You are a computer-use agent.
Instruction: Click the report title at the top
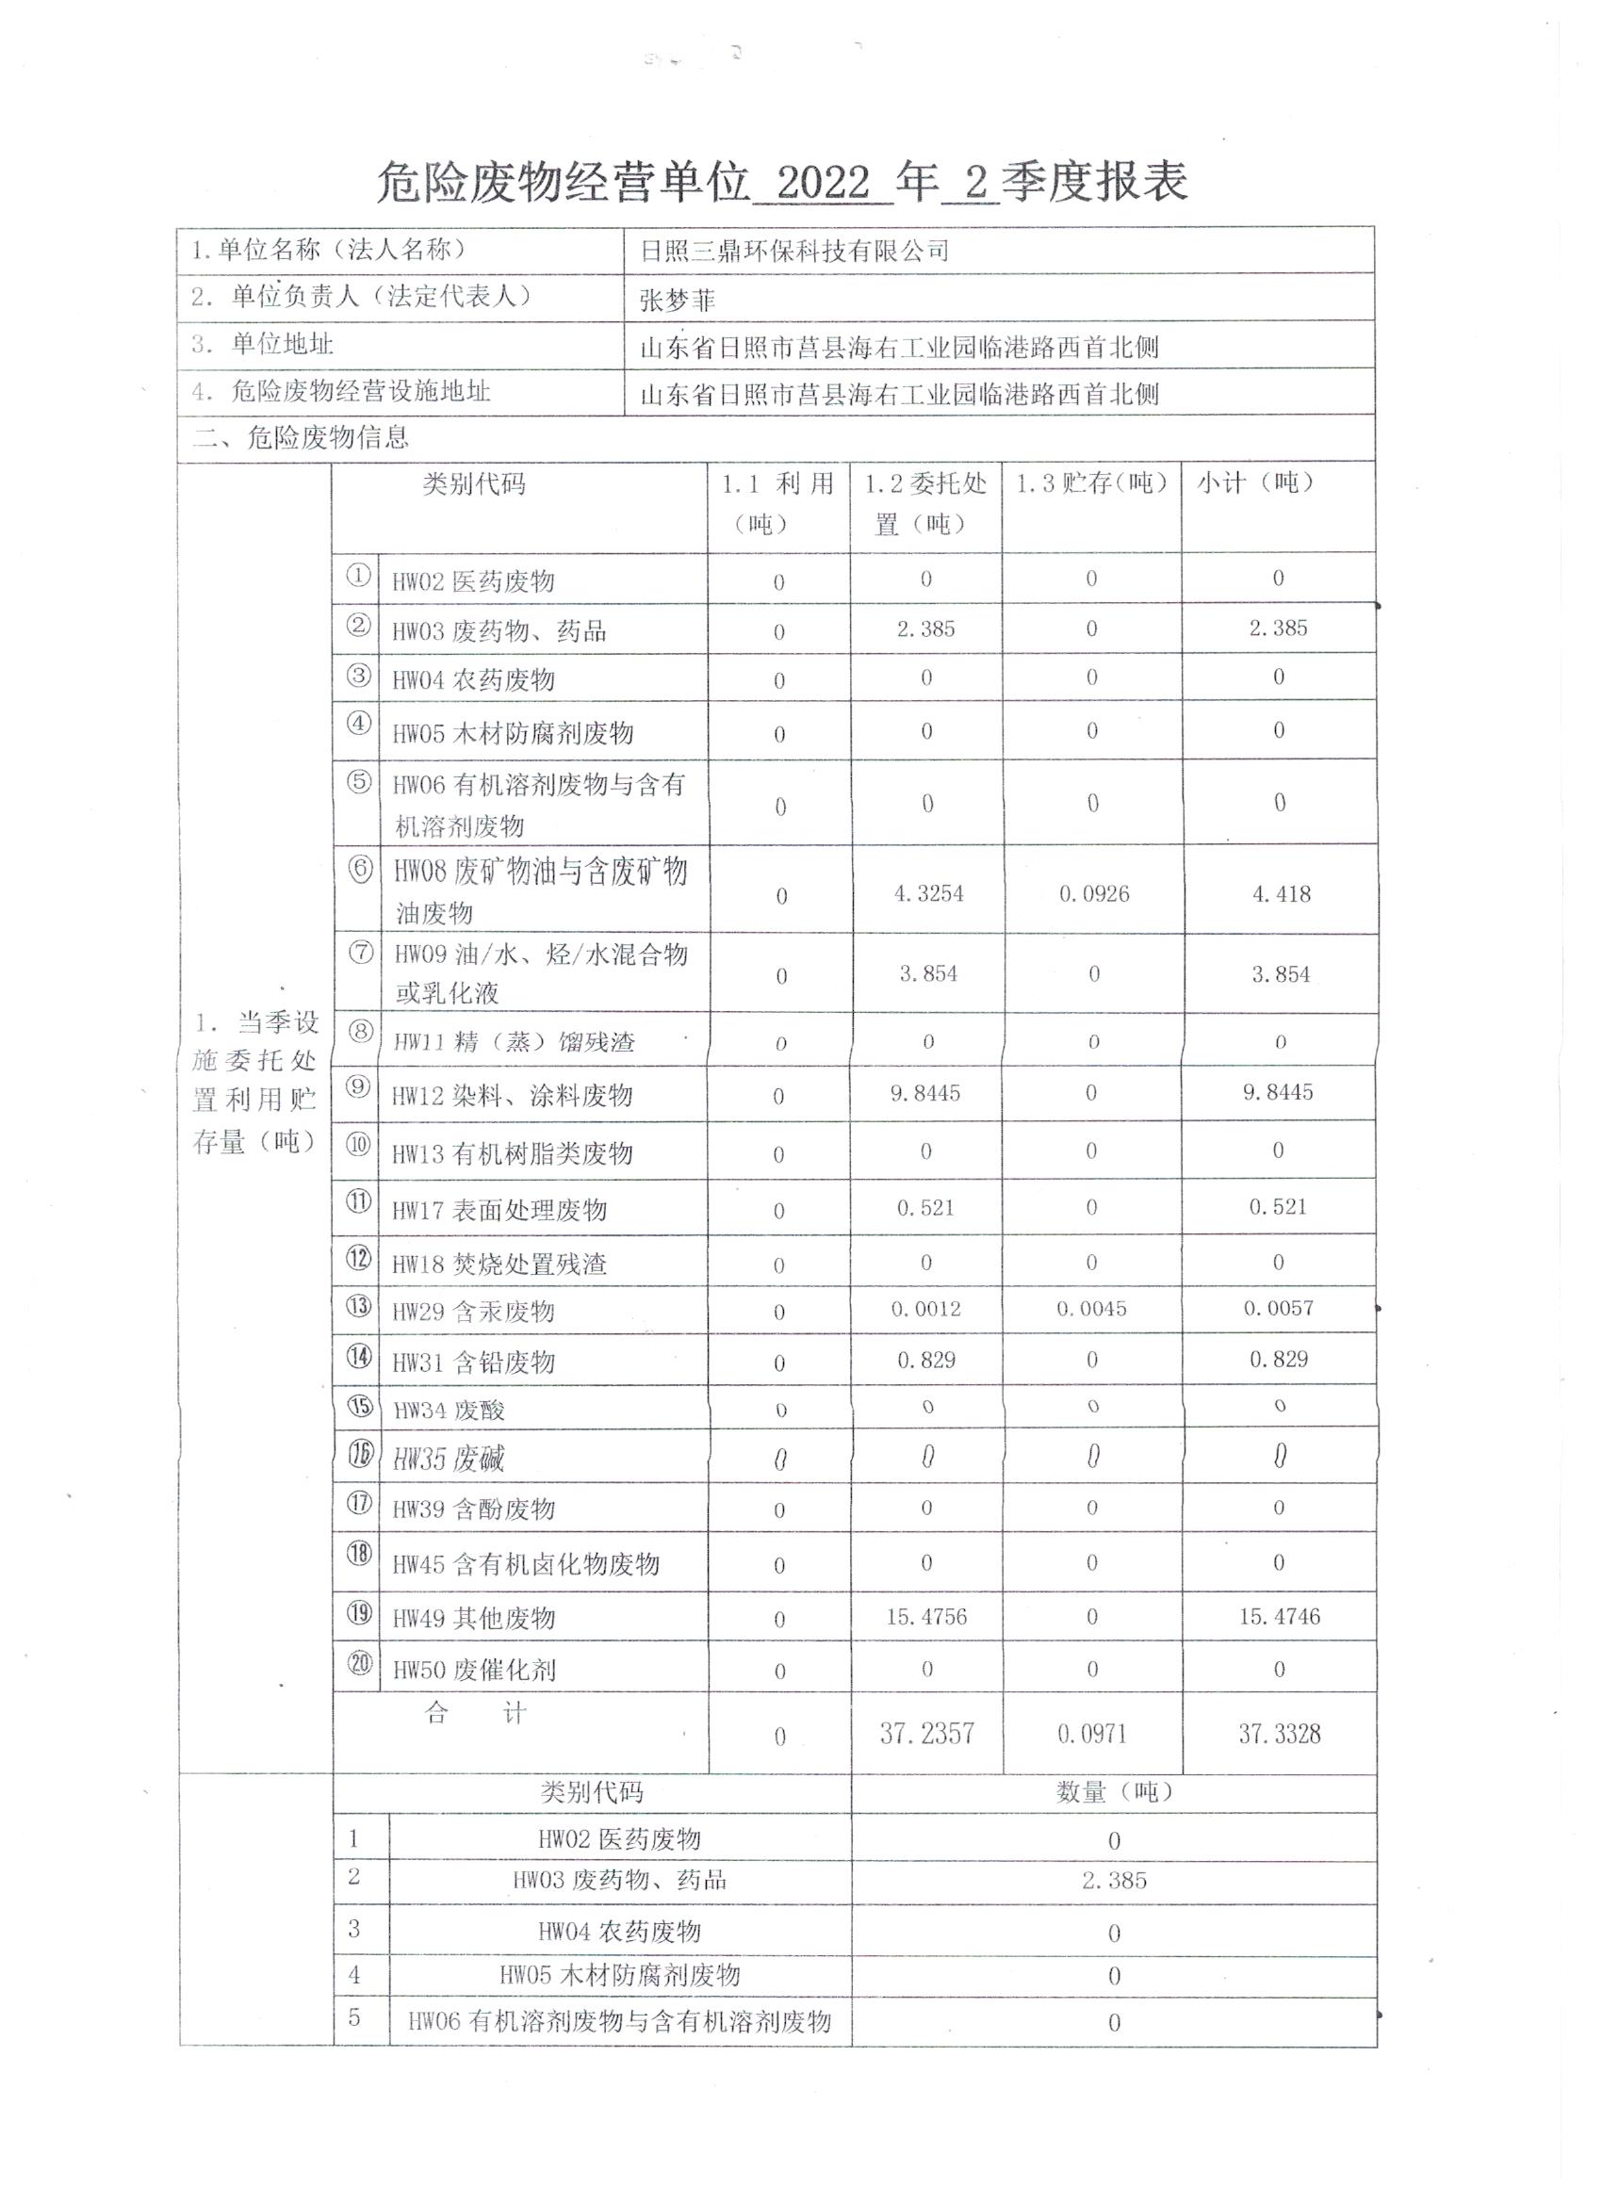coord(782,182)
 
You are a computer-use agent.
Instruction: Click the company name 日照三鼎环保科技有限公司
coord(793,252)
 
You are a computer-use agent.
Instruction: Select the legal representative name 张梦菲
coord(678,302)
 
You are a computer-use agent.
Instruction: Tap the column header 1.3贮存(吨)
coord(1091,482)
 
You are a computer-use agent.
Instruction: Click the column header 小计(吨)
coord(1255,482)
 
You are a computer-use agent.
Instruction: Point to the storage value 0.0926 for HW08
coord(1094,893)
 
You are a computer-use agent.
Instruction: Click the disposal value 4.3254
coord(929,893)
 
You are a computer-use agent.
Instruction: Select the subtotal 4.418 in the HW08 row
coord(1281,893)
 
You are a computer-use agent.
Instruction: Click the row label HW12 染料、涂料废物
coord(512,1097)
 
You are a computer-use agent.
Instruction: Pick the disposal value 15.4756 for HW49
coord(925,1617)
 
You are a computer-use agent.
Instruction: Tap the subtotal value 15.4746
coord(1279,1617)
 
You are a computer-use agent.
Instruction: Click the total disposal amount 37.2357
coord(927,1734)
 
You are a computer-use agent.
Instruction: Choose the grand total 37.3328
coord(1279,1734)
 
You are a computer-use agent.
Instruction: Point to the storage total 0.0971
coord(1092,1734)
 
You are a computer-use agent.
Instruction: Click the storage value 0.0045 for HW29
coord(1092,1310)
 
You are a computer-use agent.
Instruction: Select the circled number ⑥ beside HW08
coord(360,870)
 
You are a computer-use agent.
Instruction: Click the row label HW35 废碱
coord(448,1459)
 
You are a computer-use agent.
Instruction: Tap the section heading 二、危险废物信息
coord(301,438)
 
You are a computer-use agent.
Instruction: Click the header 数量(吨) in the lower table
coord(1113,1792)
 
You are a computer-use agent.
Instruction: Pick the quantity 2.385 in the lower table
coord(1113,1881)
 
